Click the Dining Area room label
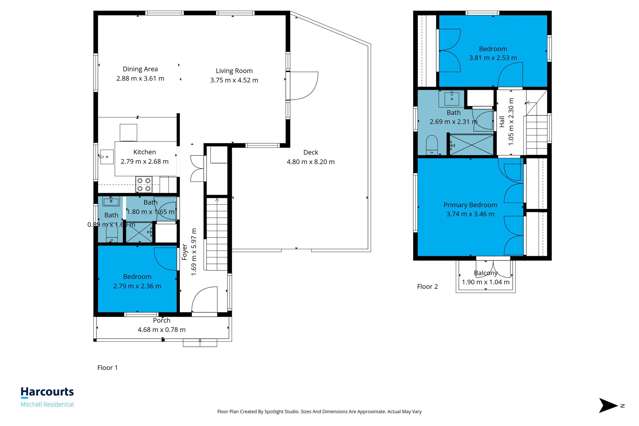point(138,69)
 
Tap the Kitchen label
point(144,152)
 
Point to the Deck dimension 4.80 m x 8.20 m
point(310,161)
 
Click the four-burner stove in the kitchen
point(143,184)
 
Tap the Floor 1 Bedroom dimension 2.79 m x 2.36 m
point(137,285)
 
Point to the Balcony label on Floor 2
point(486,273)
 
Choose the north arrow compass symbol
point(610,406)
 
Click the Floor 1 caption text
point(107,368)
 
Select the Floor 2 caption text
point(427,286)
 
